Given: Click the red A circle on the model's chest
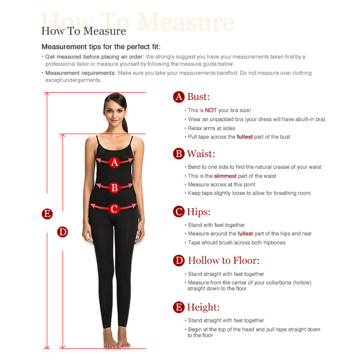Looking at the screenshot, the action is pos(114,162).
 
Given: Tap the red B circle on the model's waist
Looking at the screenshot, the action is pos(114,188).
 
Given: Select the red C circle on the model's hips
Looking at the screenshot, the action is pos(114,209).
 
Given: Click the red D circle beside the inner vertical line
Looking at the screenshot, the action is pos(63,232).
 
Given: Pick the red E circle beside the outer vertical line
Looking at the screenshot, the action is pos(47,214).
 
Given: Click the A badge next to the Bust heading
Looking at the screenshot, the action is pos(179,97).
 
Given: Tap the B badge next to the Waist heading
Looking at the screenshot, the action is pos(179,153).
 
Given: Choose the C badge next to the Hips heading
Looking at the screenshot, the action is pos(179,211).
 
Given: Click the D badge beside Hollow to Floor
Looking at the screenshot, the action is pos(179,261).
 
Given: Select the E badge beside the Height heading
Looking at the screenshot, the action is pos(179,307).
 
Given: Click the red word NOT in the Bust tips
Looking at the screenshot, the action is pos(211,110).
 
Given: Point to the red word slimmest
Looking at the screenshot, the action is pos(225,176).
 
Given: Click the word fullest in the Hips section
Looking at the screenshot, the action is pos(245,234).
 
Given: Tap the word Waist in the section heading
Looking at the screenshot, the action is pos(201,153).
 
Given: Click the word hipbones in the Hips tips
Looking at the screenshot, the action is pos(274,243).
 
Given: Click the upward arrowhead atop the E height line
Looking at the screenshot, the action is pos(47,94).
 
